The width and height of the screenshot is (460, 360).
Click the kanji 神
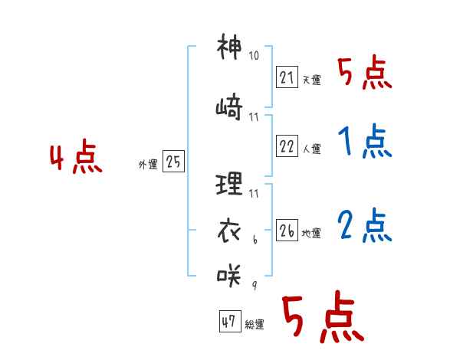(x=229, y=46)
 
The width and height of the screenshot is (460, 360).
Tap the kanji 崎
(x=229, y=107)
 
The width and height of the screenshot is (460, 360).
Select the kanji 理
(x=229, y=184)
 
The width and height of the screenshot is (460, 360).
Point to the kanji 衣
(x=229, y=231)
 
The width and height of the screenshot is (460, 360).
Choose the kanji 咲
(x=229, y=276)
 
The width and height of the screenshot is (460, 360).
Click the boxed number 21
(x=287, y=77)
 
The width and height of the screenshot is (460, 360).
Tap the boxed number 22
(x=287, y=146)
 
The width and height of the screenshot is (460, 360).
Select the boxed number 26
(x=287, y=230)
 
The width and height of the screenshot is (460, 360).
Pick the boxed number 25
(x=173, y=161)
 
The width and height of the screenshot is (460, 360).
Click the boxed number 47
(x=230, y=321)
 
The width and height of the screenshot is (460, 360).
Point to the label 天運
(x=312, y=80)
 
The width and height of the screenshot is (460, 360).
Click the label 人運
(x=312, y=149)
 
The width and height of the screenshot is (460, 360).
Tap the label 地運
(x=311, y=234)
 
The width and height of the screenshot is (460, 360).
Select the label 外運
(x=148, y=165)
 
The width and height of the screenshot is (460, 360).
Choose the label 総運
(x=255, y=325)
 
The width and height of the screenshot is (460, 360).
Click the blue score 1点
(x=365, y=141)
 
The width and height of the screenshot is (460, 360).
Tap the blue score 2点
(x=365, y=225)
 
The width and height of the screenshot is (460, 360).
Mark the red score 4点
(x=76, y=156)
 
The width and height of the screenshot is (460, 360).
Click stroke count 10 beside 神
(x=254, y=55)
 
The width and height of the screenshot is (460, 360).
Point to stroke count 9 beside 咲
(x=255, y=285)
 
